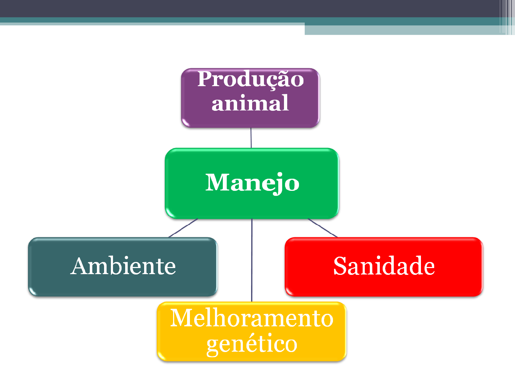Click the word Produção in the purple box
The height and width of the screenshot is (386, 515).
(250, 79)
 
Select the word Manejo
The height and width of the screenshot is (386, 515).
(252, 183)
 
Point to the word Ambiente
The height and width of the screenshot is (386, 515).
(123, 266)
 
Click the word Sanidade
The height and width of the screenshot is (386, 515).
(384, 266)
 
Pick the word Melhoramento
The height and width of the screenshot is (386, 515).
(252, 318)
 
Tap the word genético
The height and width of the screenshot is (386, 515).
(252, 344)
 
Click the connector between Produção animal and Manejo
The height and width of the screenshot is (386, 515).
(251, 138)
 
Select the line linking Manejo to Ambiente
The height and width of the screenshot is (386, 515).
(183, 228)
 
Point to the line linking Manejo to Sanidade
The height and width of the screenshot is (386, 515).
(323, 228)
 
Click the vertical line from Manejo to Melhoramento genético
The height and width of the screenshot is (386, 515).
(252, 261)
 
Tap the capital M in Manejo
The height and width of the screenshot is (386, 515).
(217, 183)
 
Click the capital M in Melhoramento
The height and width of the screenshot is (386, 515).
(182, 318)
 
